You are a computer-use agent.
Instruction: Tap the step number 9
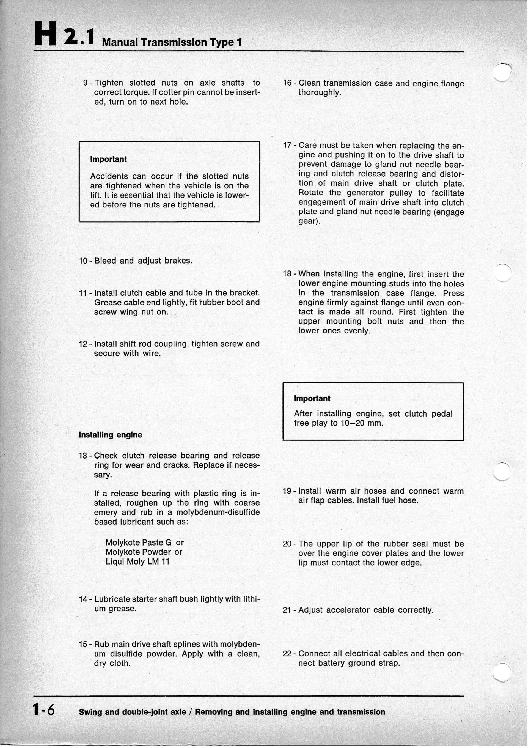[x=86, y=83]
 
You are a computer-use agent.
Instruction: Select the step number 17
[x=287, y=145]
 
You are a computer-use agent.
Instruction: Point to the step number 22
[x=287, y=654]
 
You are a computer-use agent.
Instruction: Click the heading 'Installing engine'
[x=111, y=435]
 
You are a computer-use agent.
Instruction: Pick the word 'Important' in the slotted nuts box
[x=108, y=159]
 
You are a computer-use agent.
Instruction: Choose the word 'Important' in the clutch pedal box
[x=312, y=398]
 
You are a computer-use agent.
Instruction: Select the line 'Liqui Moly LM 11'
[x=137, y=561]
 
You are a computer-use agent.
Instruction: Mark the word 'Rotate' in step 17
[x=311, y=193]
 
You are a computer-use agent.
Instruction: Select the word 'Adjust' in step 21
[x=310, y=610]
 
